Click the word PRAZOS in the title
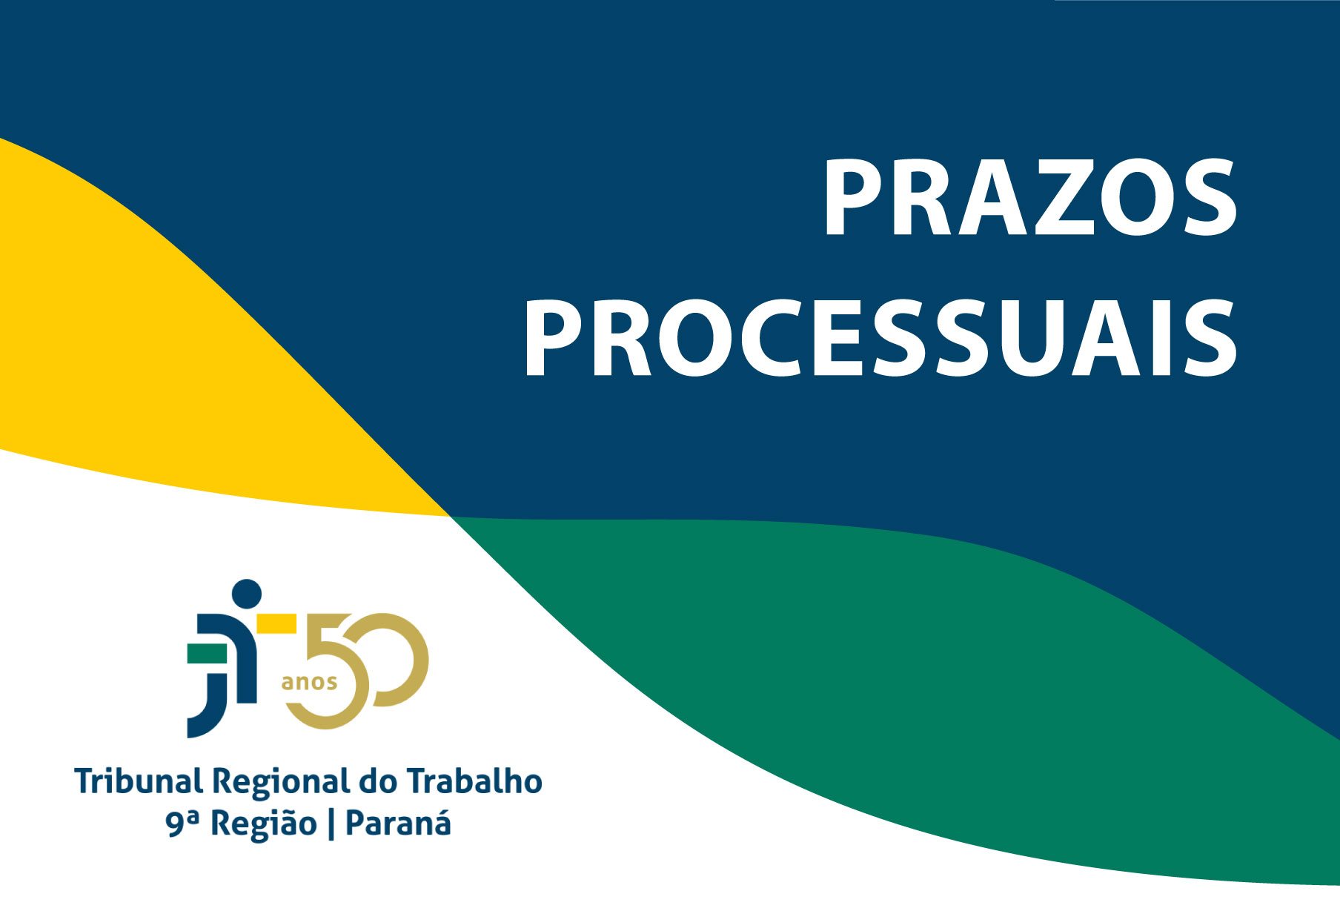[x=1030, y=198]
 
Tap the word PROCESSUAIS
[x=880, y=339]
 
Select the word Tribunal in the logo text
[x=138, y=782]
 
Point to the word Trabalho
[x=474, y=782]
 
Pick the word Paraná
[x=398, y=824]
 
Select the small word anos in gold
[x=309, y=682]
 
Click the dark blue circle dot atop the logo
[x=247, y=594]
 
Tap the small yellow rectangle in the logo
[x=276, y=623]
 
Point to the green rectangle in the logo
[x=208, y=654]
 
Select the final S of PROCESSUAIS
[x=1209, y=339]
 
